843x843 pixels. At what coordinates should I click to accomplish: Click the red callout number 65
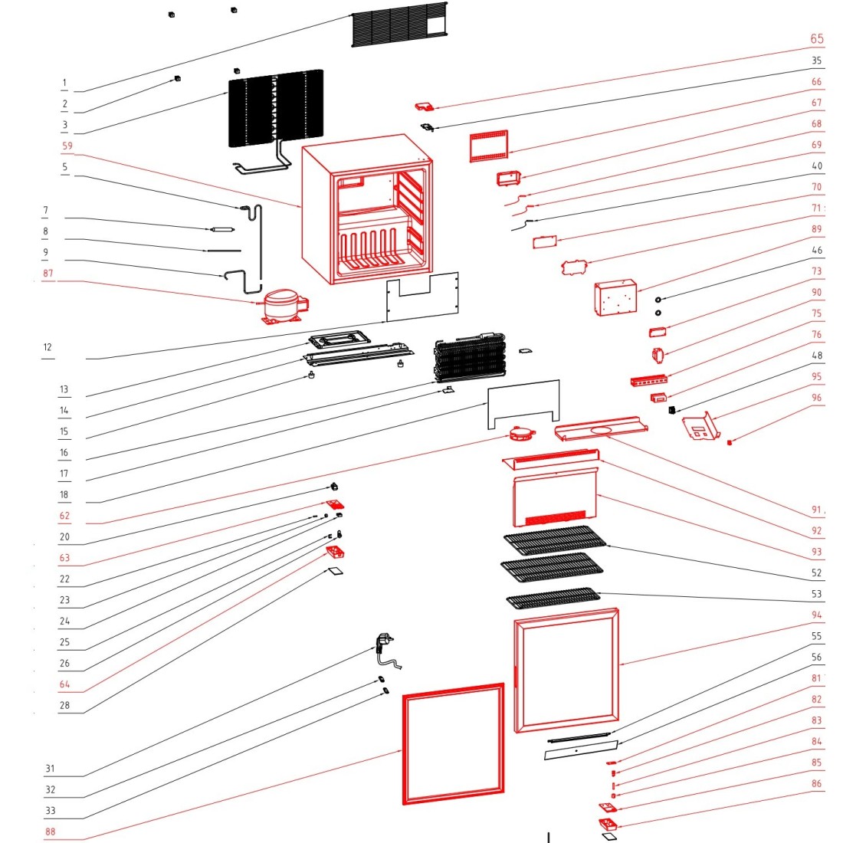click(817, 39)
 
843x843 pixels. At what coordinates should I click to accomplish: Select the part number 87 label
click(48, 274)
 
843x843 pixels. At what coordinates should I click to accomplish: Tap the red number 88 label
click(50, 832)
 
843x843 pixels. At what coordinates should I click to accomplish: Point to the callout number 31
click(50, 769)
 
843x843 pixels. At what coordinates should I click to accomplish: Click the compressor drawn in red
click(283, 305)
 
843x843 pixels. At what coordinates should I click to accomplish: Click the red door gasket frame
click(453, 743)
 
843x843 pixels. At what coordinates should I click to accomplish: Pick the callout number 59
click(67, 146)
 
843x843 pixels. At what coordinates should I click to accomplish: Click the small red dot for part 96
click(729, 442)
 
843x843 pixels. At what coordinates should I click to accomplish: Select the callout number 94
click(816, 615)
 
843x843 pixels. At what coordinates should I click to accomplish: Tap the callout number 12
click(48, 347)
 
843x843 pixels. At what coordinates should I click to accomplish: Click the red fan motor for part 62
click(520, 435)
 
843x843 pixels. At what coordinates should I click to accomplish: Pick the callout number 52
click(816, 572)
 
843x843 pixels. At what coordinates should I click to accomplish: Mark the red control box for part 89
click(615, 297)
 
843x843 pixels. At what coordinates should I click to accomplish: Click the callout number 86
click(816, 783)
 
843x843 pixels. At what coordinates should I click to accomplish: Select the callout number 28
click(64, 705)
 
